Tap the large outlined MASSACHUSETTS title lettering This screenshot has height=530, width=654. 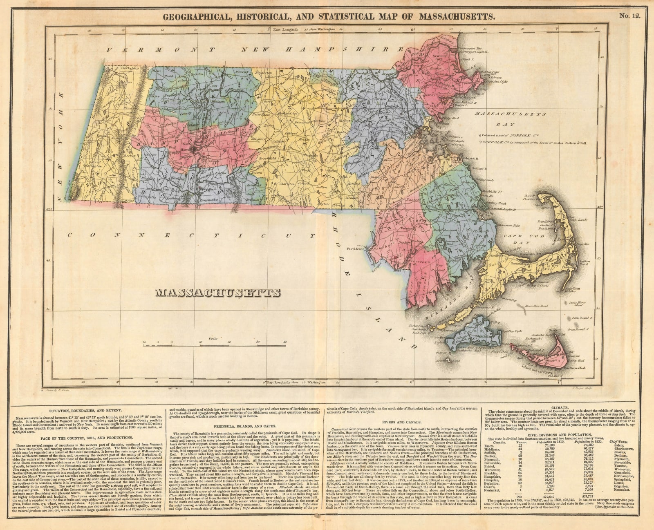click(x=218, y=293)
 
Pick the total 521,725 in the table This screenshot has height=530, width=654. click(x=584, y=496)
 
